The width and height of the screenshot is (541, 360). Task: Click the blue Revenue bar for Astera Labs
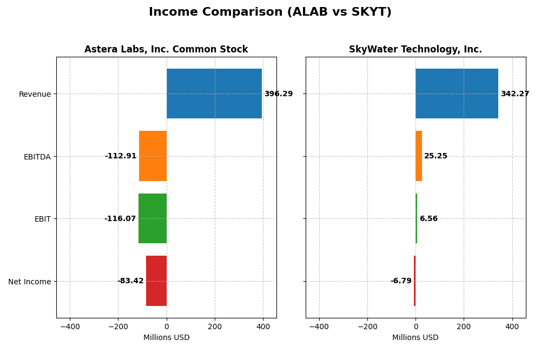[214, 94]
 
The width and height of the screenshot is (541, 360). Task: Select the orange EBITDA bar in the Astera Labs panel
[153, 156]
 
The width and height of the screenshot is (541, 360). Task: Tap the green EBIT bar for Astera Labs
[153, 218]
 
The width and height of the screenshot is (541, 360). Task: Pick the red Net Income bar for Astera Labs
[156, 281]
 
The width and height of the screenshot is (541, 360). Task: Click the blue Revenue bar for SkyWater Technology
[457, 94]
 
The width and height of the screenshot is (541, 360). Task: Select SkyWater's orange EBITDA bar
[419, 156]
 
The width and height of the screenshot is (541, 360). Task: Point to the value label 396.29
[279, 94]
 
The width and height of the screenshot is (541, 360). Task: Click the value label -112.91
[121, 156]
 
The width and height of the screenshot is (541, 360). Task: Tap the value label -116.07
[120, 219]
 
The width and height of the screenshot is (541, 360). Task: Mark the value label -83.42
[130, 281]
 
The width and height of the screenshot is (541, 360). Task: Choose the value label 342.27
[515, 94]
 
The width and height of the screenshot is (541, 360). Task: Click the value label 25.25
[436, 156]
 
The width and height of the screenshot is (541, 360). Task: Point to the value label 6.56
[428, 219]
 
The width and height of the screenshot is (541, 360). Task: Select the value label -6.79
[401, 281]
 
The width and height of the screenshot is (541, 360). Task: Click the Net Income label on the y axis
[30, 282]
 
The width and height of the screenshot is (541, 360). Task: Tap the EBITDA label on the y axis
[37, 157]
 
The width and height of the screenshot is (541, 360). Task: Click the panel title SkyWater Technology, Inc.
[415, 50]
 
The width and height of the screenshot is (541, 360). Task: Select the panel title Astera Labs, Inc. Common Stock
[166, 50]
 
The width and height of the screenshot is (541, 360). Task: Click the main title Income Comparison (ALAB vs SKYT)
[270, 12]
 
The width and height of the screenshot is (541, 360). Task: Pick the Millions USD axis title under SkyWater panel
[415, 338]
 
